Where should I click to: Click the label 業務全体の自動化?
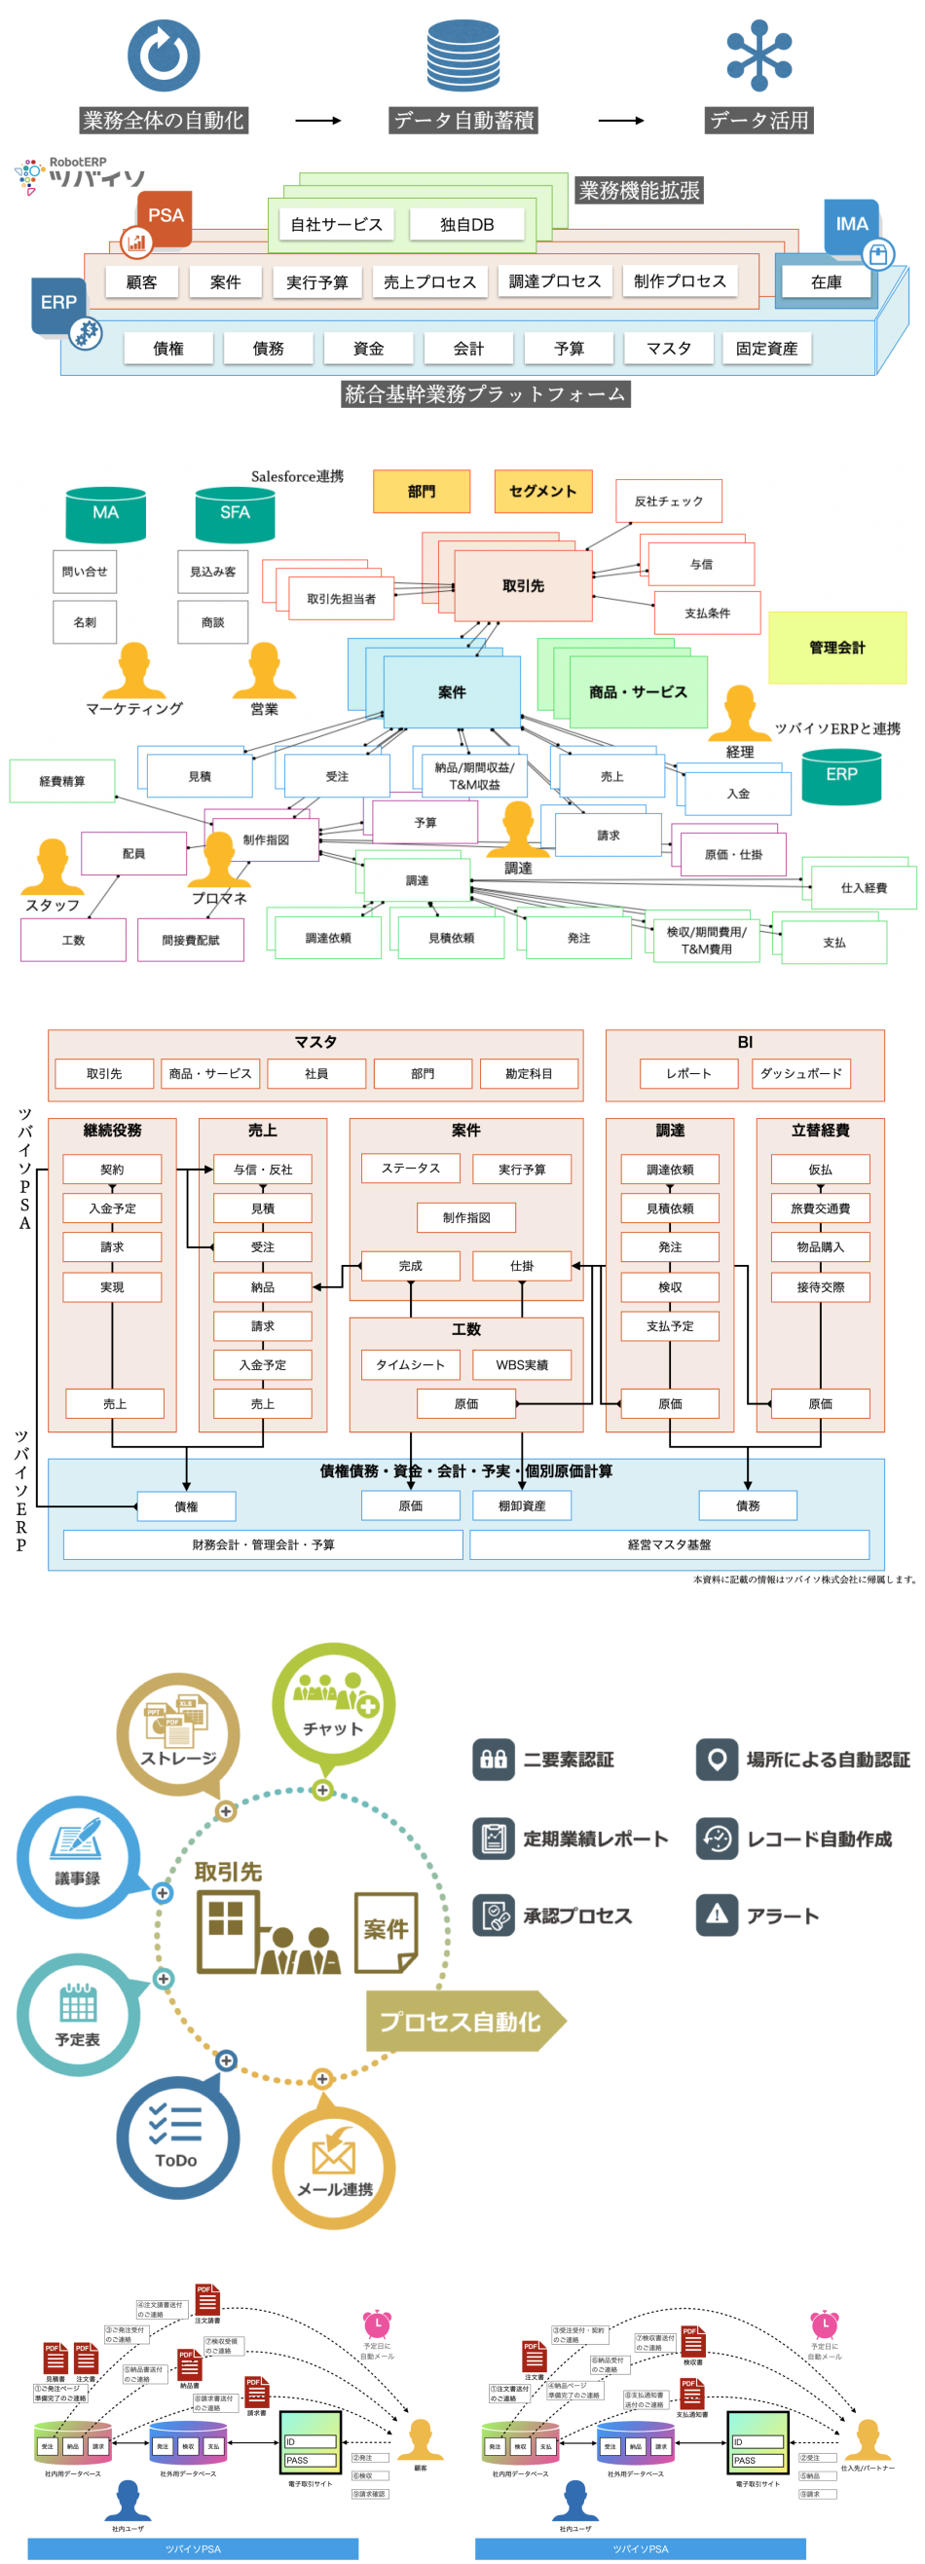[x=164, y=121]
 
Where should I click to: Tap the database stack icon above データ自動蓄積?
[x=463, y=56]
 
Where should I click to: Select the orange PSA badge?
[x=165, y=217]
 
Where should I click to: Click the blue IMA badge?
[x=851, y=225]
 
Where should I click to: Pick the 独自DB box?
[x=467, y=225]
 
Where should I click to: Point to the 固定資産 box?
[x=766, y=349]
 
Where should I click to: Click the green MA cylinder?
[x=105, y=513]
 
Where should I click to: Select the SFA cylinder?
[x=235, y=513]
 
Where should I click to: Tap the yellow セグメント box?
[x=542, y=491]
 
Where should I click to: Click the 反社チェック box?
[x=668, y=502]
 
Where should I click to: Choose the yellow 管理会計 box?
[x=837, y=648]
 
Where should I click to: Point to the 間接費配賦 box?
[x=190, y=940]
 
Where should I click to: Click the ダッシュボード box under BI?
[x=800, y=1074]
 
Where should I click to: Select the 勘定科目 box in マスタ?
[x=529, y=1074]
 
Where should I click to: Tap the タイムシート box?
[x=410, y=1364]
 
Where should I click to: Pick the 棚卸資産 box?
[x=522, y=1505]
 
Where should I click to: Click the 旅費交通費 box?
[x=821, y=1208]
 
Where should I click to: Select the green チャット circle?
[x=334, y=1705]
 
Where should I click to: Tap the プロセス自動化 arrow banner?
[x=464, y=2021]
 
